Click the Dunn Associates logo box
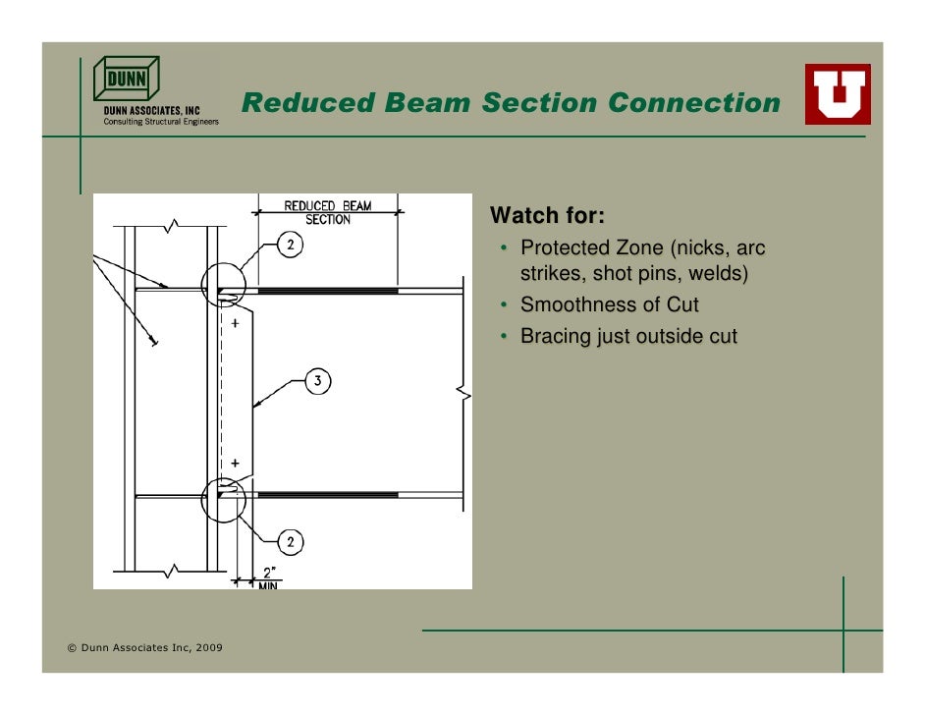(x=126, y=78)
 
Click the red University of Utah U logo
(x=838, y=94)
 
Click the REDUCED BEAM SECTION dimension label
(x=328, y=212)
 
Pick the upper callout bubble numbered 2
(x=293, y=247)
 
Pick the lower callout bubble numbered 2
(x=293, y=541)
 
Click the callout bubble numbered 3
(x=319, y=381)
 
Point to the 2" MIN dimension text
(x=267, y=578)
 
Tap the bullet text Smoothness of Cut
(x=610, y=304)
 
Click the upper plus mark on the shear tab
(x=236, y=321)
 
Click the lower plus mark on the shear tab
(x=236, y=463)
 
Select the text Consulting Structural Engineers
(x=162, y=122)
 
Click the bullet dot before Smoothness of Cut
(x=503, y=305)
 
